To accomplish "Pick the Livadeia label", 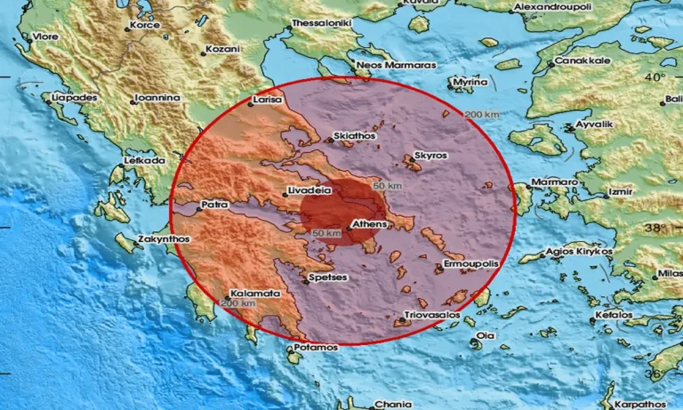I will click(309, 190).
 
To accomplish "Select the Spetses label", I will click(326, 277).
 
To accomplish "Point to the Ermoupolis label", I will click(471, 265).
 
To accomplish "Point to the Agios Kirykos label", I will click(580, 251).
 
